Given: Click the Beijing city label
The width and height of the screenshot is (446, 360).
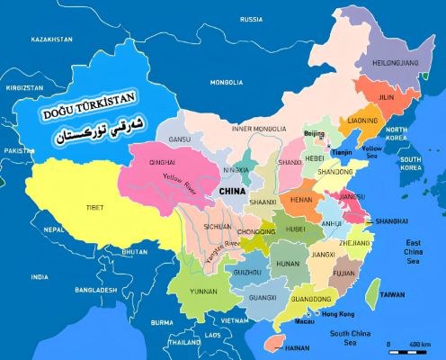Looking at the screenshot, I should pos(314,134).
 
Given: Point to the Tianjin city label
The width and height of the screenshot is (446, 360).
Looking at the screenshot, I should pos(342,152).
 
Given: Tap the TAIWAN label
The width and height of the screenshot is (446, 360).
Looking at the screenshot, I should pos(392,294).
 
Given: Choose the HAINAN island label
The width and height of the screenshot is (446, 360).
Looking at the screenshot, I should pos(297,347).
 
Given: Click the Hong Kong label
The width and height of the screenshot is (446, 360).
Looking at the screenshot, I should pos(338,313).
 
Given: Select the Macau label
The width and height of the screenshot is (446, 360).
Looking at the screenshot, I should pos(306,321).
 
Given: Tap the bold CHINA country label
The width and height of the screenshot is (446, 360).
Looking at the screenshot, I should pos(232,192).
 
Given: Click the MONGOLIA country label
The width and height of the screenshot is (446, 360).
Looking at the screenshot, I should pos(227,82).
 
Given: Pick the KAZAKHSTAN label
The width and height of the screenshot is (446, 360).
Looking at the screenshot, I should pos(51,40).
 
